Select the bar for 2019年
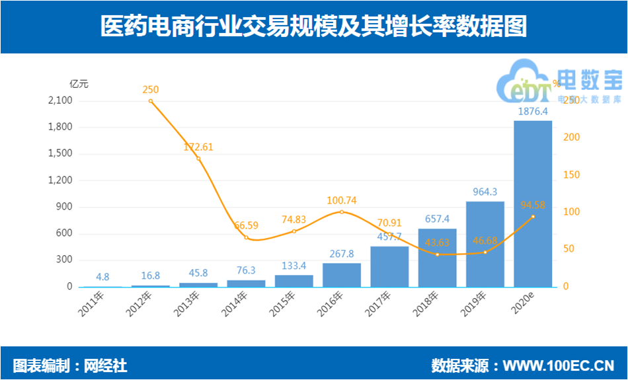pos(485,244)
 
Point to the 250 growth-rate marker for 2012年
pos(151,101)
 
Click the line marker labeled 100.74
pos(342,212)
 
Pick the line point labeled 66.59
pos(246,237)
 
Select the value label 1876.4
pos(532,112)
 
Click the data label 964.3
pos(485,192)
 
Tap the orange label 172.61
pos(198,147)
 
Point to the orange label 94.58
pos(533,205)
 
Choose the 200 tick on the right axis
pos(570,137)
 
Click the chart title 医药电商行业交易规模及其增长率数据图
pos(313,27)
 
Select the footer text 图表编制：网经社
pos(70,365)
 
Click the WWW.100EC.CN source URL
pos(559,365)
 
